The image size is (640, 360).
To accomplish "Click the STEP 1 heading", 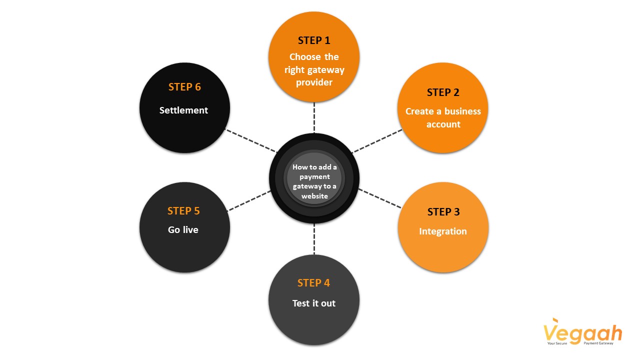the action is pos(314,40).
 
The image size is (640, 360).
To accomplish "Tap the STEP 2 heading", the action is pos(443,92).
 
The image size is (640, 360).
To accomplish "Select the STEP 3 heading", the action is pos(443,212).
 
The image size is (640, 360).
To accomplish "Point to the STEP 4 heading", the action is pos(313,283).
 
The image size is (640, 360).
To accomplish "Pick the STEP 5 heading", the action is pos(183,211).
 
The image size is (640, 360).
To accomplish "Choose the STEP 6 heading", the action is pos(184,87).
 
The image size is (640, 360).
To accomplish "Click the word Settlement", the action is pos(183,110).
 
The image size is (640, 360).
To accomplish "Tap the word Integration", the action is pos(443,231).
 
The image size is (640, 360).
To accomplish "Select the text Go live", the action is pos(183,229).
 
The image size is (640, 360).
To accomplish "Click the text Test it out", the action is pos(314,303).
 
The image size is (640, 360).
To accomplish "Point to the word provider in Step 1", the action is pos(314,82).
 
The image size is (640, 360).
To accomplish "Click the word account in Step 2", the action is pos(443,124).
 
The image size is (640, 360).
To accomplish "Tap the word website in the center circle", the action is pos(314,196).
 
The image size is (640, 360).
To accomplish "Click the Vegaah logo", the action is pos(582,332).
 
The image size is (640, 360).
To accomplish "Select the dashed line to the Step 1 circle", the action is pos(314,117).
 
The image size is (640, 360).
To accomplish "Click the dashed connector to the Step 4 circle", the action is pos(314,239).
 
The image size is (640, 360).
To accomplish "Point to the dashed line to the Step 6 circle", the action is pos(250,140).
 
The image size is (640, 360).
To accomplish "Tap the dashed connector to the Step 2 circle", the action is pos(377,141).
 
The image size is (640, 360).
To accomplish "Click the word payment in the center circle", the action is pos(314,177).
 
